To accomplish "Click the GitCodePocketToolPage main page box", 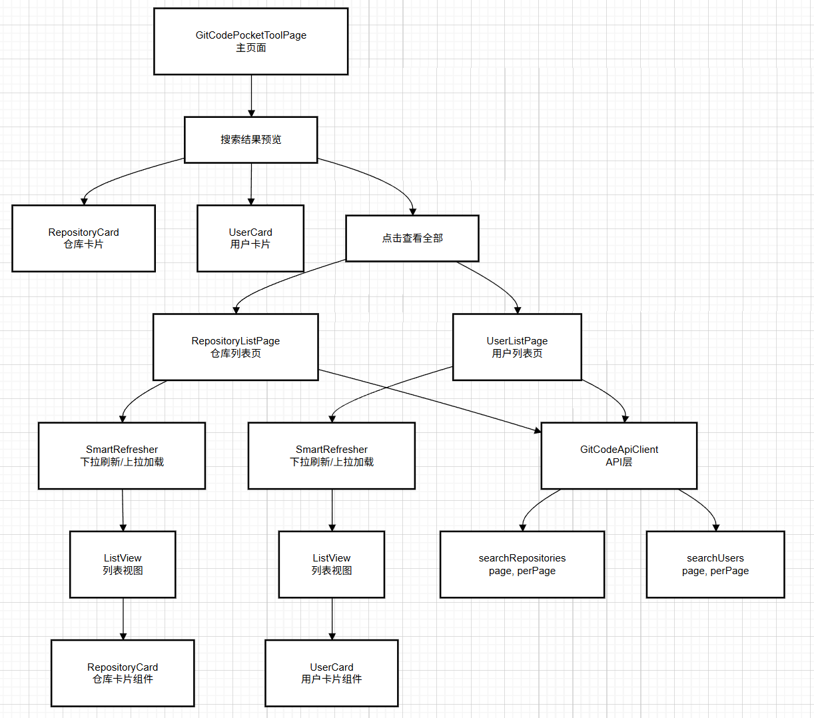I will [x=250, y=41].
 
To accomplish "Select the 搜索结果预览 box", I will [x=250, y=140].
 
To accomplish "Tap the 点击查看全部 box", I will [x=412, y=238].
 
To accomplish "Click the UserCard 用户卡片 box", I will [x=250, y=238].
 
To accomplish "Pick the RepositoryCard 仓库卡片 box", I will [x=83, y=238].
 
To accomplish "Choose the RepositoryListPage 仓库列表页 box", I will [x=235, y=347].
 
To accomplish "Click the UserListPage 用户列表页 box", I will [x=517, y=347].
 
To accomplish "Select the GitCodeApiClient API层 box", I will [x=619, y=456].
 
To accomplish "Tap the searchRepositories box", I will [x=522, y=564].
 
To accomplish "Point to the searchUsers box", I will [x=715, y=564].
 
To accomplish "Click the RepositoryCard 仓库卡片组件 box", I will [x=123, y=673].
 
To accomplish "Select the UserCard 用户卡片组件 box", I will [x=331, y=673].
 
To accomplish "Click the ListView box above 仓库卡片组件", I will [x=123, y=564].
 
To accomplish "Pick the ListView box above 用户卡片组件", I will [x=331, y=564].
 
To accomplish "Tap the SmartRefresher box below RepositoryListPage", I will [x=122, y=456].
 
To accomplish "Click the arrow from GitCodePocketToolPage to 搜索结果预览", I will [x=251, y=95].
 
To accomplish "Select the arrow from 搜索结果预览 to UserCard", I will [x=251, y=184].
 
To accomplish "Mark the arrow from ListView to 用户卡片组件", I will [x=332, y=619].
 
